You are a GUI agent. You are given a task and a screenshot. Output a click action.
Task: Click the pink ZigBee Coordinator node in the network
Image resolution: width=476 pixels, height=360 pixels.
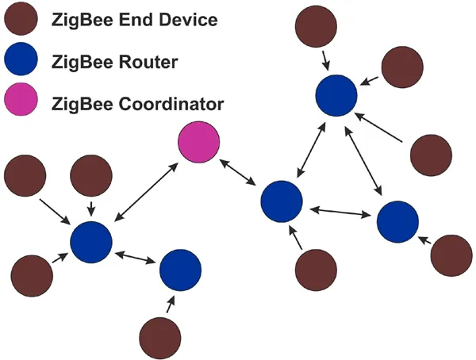point(198,144)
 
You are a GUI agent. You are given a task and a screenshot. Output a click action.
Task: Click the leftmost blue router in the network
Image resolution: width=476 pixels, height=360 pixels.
point(90,242)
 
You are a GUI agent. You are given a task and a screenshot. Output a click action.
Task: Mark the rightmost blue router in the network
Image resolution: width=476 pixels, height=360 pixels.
point(397,222)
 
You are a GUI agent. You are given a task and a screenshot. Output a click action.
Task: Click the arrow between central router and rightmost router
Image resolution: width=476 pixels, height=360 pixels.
point(341,212)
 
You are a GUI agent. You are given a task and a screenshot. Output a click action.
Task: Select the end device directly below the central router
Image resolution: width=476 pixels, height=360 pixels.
point(316,270)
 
